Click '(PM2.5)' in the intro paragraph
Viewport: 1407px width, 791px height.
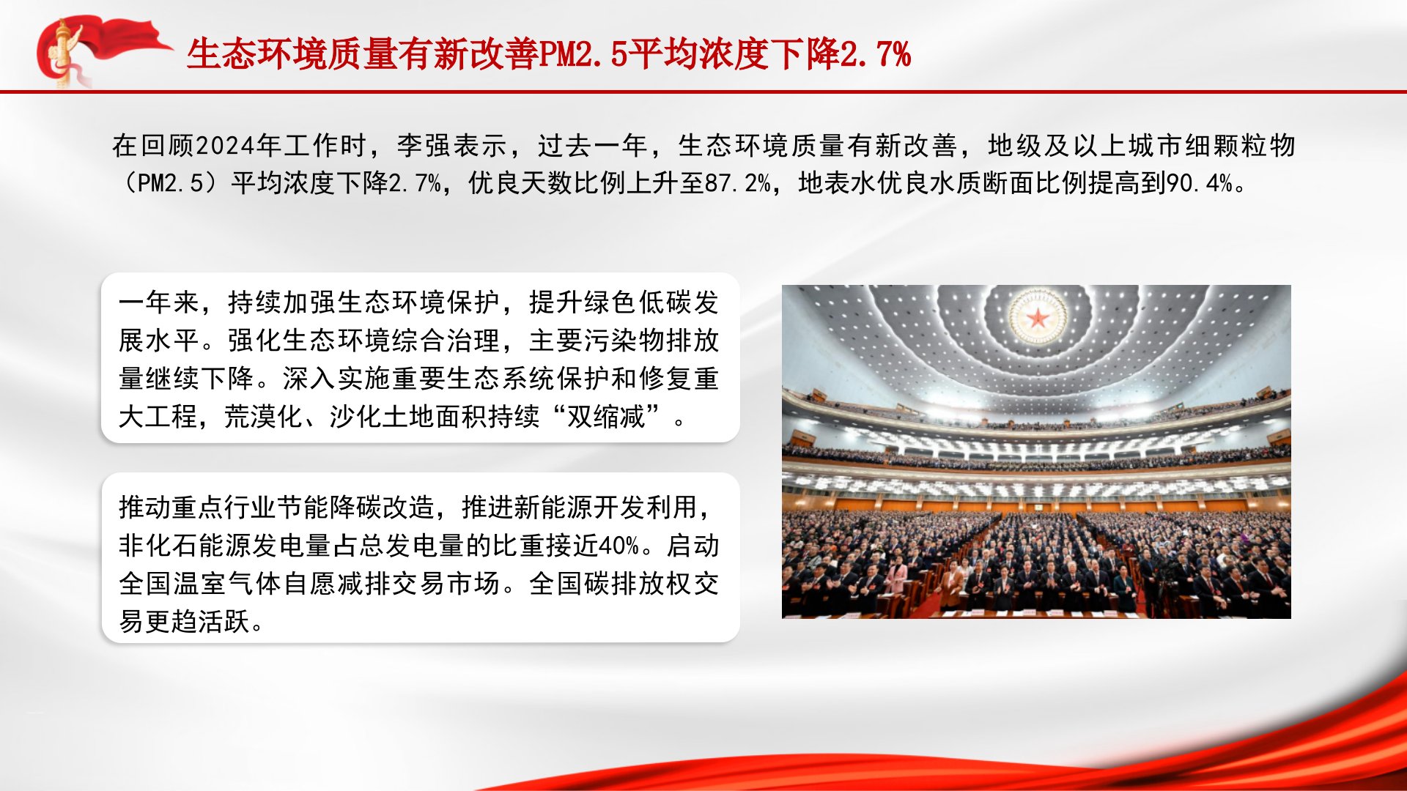tap(171, 182)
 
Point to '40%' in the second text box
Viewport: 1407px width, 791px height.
tap(619, 546)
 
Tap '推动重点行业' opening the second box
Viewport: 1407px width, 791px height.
tap(199, 507)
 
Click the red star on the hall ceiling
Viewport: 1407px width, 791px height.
tap(1038, 318)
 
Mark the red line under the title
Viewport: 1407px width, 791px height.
tap(703, 92)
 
